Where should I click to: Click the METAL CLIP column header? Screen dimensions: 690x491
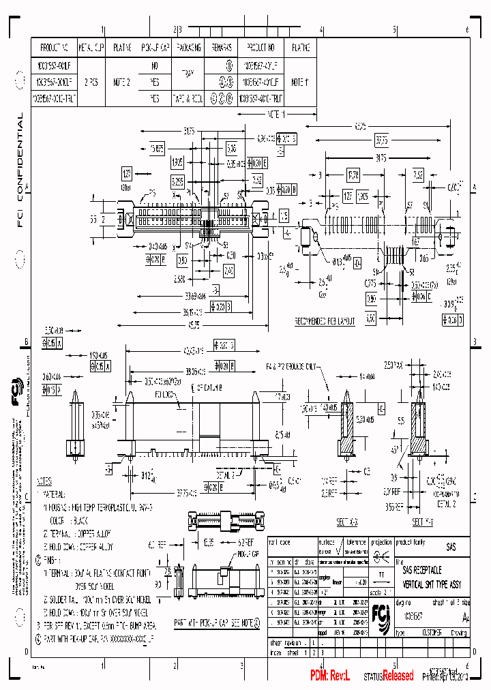[91, 48]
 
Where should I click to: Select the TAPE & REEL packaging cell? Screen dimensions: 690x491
[188, 98]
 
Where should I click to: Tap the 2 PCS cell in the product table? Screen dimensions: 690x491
[91, 82]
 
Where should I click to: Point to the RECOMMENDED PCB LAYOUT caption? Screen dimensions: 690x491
[325, 320]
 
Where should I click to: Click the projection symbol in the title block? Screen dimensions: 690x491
[385, 554]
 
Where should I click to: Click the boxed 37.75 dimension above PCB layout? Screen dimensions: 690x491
[381, 140]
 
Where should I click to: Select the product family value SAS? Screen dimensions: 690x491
[451, 547]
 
